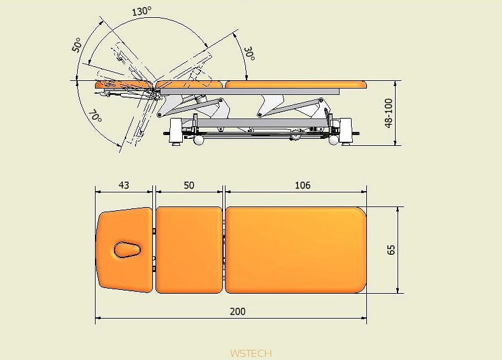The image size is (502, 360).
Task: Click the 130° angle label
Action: pos(141,12)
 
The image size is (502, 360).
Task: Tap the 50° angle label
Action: pos(77,45)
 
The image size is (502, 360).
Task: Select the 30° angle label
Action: pos(249,54)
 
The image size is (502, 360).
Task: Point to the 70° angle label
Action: pos(95,117)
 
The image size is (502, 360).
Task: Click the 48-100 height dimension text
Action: pos(389,113)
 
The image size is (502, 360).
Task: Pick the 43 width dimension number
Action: pos(124,185)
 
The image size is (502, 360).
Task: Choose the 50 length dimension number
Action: pos(189,185)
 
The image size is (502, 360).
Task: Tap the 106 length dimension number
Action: pos(303,185)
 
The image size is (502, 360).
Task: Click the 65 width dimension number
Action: pos(391,250)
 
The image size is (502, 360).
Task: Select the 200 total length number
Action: pos(238,312)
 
